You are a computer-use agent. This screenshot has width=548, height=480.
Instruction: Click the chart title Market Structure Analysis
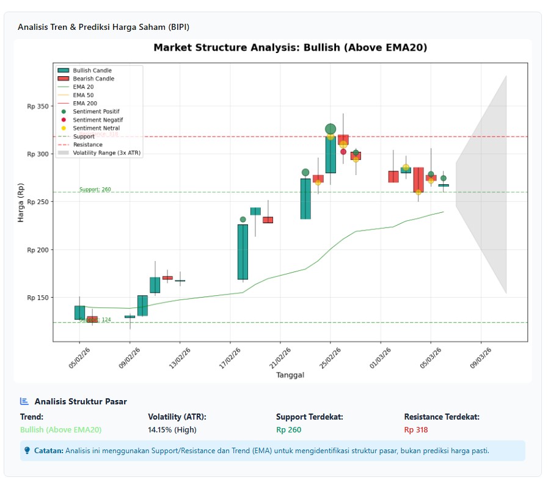coord(290,48)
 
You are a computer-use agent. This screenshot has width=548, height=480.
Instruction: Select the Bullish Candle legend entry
coord(92,71)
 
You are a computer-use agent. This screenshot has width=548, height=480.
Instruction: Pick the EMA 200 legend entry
coord(84,104)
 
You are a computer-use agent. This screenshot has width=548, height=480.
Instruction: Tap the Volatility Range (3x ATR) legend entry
coord(107,153)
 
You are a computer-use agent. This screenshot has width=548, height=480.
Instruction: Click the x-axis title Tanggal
coord(290,375)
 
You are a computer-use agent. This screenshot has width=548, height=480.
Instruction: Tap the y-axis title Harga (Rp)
coord(21,202)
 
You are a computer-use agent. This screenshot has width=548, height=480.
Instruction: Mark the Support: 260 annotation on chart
coord(95,190)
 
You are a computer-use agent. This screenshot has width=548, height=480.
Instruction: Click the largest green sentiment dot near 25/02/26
coord(331,129)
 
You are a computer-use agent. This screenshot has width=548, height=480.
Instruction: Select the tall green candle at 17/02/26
coord(243,251)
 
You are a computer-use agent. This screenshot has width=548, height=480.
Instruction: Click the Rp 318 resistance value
coord(415,430)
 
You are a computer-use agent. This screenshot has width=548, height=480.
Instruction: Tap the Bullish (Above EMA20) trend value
coord(61,430)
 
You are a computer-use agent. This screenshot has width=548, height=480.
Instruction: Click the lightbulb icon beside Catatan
coord(27,451)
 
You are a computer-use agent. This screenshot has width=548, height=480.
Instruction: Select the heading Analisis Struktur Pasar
coord(81,401)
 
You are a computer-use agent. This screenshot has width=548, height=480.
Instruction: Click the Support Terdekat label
coord(309,417)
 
